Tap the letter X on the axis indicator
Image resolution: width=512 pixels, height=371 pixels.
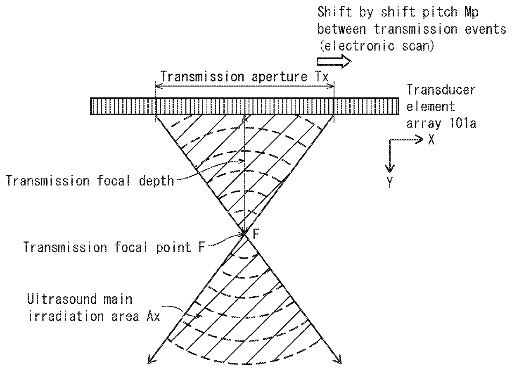[431, 140]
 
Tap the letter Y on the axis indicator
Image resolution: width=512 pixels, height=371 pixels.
[390, 182]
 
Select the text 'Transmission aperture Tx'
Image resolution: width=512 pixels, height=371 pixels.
[244, 76]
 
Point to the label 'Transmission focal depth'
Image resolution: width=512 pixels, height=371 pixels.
[90, 181]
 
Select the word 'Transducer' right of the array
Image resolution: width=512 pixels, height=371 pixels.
[441, 89]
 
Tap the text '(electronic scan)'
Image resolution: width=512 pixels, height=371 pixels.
[376, 46]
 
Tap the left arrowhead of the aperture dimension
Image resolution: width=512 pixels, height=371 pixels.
[157, 86]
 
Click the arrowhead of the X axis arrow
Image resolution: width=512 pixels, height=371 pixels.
[421, 140]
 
